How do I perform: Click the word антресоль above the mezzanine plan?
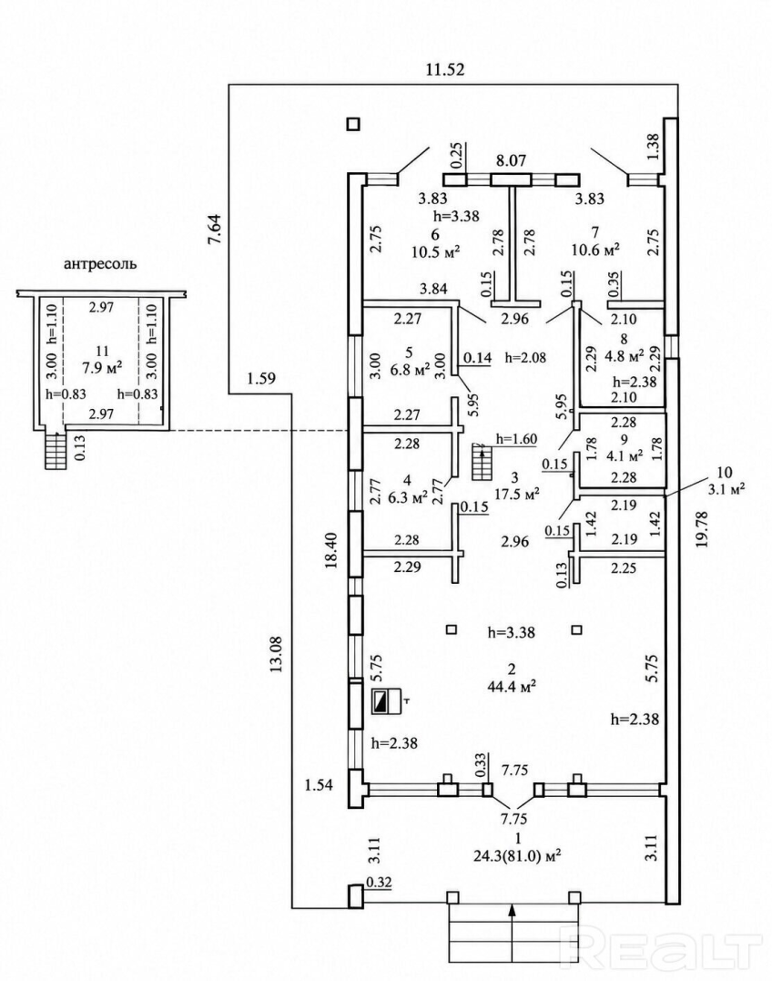[x=100, y=264]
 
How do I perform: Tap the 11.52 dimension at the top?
[x=445, y=69]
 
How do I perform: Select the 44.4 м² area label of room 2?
[x=512, y=686]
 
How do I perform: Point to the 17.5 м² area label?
[x=516, y=494]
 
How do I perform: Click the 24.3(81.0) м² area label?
[x=515, y=853]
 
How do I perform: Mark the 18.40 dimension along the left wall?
[x=331, y=549]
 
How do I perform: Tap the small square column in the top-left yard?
[x=353, y=124]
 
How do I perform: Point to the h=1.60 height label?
[x=516, y=438]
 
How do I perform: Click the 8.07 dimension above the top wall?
[x=512, y=160]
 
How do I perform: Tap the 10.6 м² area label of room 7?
[x=595, y=250]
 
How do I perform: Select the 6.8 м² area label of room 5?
[x=409, y=369]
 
